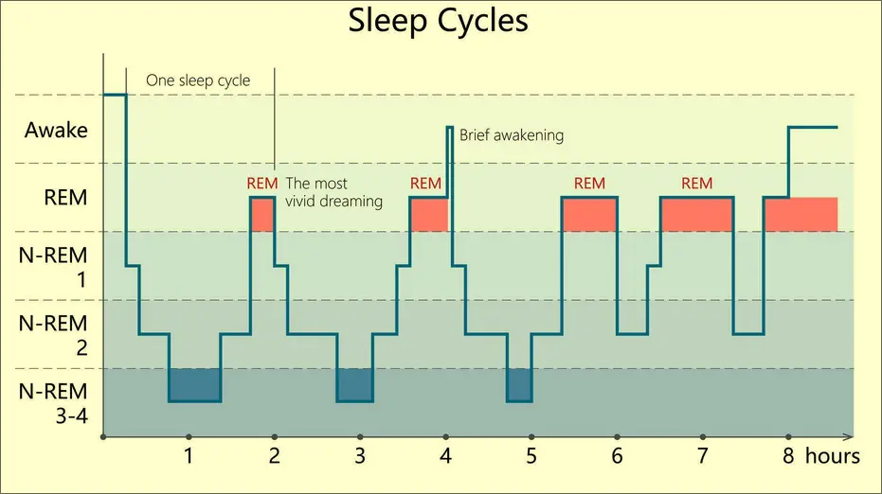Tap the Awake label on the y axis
point(56,130)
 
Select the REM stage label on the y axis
point(65,198)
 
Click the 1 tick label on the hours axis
point(189,457)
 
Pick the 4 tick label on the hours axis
point(445,457)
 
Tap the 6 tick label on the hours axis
point(617,457)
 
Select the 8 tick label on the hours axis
point(788,457)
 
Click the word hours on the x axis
point(833,457)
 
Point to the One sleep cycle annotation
point(198,80)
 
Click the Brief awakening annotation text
point(512,135)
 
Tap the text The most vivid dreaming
point(333,192)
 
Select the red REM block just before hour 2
point(262,214)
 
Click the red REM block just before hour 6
point(589,214)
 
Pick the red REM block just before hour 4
point(428,214)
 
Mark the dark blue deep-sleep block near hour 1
point(194,384)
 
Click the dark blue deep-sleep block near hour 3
point(355,384)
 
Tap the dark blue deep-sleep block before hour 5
point(519,384)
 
